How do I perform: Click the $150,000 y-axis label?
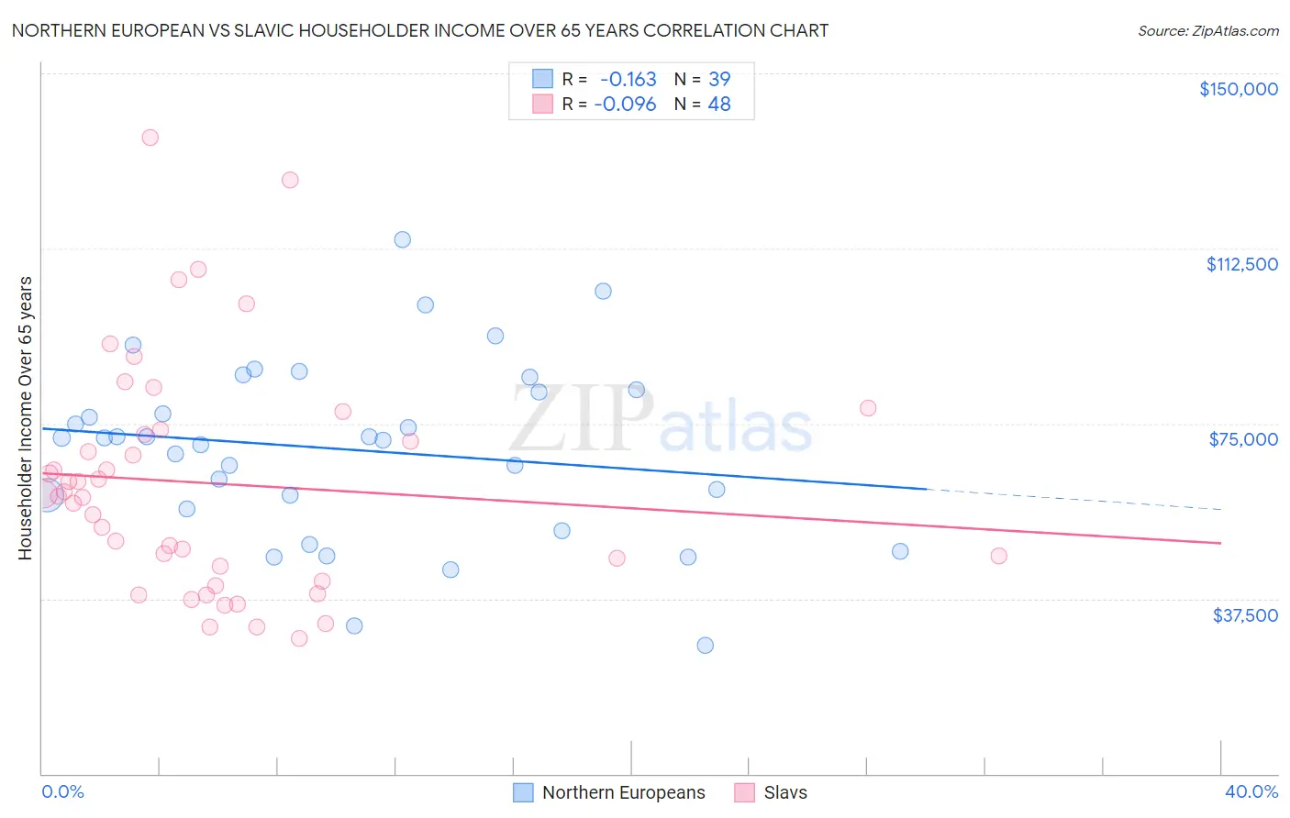click(1238, 89)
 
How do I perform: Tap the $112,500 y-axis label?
click(1241, 264)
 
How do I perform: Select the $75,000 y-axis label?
click(1243, 439)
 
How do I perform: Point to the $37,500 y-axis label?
click(1245, 615)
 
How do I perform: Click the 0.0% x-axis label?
click(62, 791)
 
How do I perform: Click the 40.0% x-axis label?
click(1251, 791)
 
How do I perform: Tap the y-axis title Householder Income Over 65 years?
click(26, 418)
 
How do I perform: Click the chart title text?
click(420, 31)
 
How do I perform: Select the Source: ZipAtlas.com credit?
click(1207, 31)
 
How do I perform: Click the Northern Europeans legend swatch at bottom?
click(523, 792)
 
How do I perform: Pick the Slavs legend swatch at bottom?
click(745, 792)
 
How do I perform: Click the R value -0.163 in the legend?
click(628, 80)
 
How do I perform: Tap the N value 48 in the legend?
click(719, 105)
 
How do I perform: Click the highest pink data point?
click(150, 138)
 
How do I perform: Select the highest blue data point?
click(402, 239)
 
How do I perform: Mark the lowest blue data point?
click(705, 646)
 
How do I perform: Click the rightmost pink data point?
click(999, 556)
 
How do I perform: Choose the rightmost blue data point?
click(900, 551)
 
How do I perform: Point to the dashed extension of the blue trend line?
click(1073, 499)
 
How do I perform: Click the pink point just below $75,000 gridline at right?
click(868, 408)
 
